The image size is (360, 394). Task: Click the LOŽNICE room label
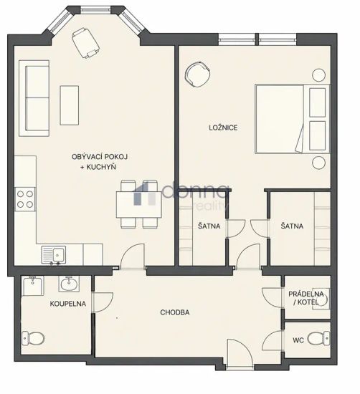[223, 128]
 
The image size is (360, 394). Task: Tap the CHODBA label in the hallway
[175, 312]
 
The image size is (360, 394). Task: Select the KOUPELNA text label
[68, 304]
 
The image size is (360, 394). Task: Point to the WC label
[298, 340]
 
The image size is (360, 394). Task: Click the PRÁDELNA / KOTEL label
[306, 298]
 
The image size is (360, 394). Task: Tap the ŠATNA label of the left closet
[209, 226]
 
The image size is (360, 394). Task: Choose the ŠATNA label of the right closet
[292, 226]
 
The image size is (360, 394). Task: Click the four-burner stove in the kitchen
[25, 199]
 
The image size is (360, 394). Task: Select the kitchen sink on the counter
[54, 255]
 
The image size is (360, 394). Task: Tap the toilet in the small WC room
[318, 338]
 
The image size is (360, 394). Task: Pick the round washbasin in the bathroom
[69, 284]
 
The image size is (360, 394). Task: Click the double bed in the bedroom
[292, 119]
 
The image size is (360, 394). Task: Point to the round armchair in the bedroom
[197, 74]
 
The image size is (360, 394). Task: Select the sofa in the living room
[34, 98]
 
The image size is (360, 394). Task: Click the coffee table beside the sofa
[69, 105]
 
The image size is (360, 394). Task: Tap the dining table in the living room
[138, 204]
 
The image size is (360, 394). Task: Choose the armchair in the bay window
[85, 43]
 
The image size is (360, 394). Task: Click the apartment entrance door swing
[240, 353]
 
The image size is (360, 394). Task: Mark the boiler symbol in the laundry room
[321, 299]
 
